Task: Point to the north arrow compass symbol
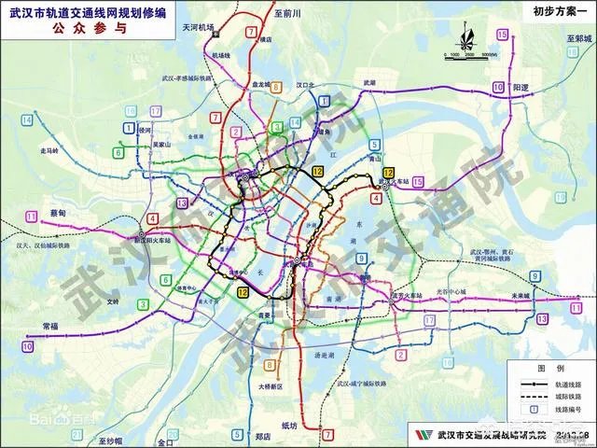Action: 465,41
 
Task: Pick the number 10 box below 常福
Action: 27,346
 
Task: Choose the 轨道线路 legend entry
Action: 564,383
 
